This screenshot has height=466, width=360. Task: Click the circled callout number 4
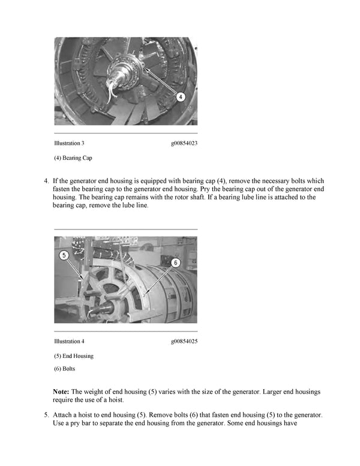[x=181, y=96]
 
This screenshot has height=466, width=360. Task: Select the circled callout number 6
[x=176, y=262]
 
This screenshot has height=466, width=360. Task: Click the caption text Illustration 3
[x=69, y=144]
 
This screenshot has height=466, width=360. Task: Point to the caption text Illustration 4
[x=69, y=342]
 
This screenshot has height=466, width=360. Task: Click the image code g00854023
[x=184, y=144]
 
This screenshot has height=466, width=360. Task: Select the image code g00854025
[x=184, y=342]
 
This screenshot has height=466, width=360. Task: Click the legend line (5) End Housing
[x=74, y=356]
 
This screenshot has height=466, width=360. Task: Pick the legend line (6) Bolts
[x=65, y=368]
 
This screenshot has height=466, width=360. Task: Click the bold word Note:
[x=61, y=392]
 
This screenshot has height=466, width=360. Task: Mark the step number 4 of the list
[x=46, y=180]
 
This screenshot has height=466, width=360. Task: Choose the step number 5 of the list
[x=46, y=415]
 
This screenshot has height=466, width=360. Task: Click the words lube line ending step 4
[x=132, y=205]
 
